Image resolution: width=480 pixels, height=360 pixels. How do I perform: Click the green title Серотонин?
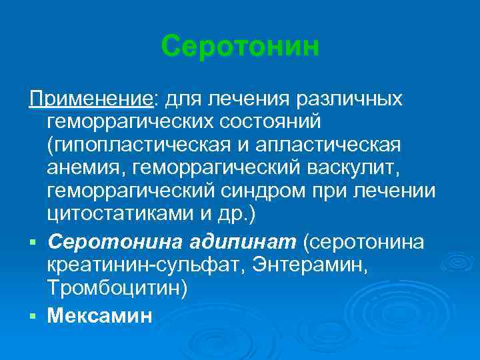click(x=240, y=47)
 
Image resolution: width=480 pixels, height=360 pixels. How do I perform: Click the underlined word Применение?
click(x=91, y=100)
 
